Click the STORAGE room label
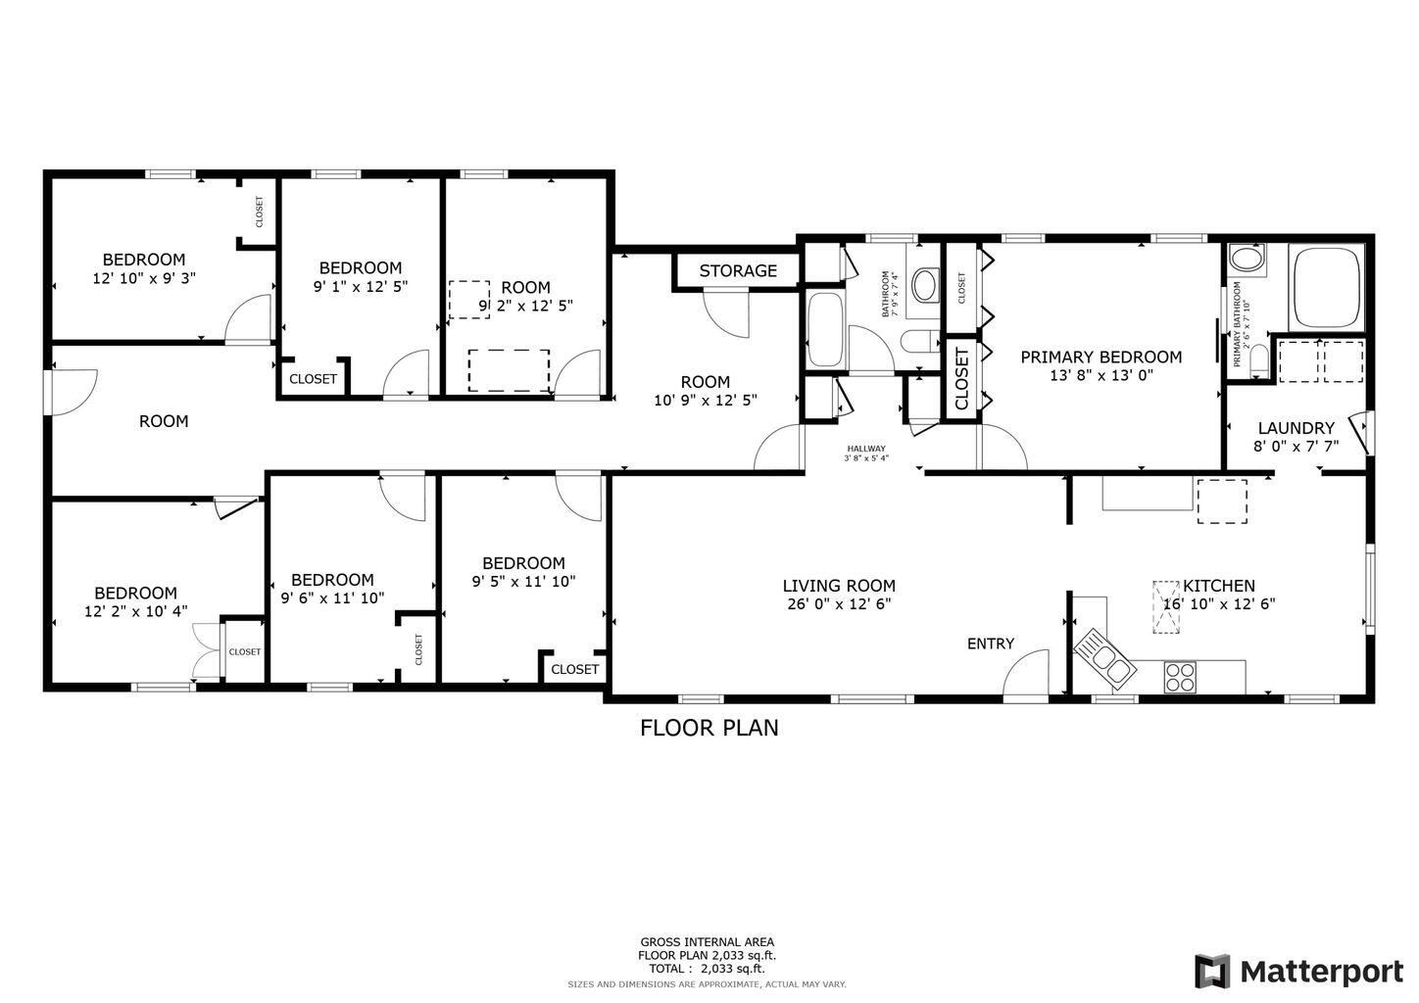[x=738, y=271]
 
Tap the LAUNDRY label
[x=1296, y=428]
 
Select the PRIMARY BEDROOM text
[x=1101, y=358]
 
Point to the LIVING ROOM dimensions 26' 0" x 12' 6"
[x=839, y=604]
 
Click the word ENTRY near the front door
[x=990, y=644]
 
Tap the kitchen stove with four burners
[x=1181, y=674]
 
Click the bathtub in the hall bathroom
[x=823, y=329]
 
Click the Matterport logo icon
[x=1212, y=972]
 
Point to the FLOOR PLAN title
[x=709, y=728]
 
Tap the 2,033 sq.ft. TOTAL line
[x=709, y=969]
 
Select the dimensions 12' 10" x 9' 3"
[x=143, y=278]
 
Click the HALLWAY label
[x=866, y=449]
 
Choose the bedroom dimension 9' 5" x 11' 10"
[x=523, y=581]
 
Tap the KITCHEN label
[x=1218, y=586]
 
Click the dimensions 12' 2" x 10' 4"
[x=135, y=611]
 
